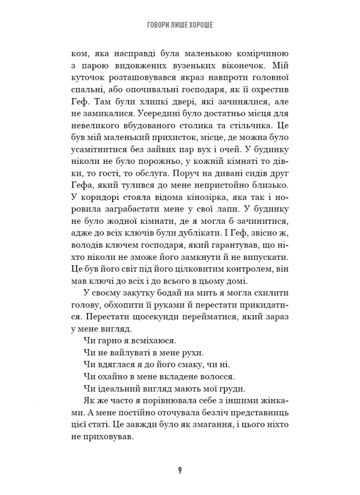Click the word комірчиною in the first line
[x=265, y=54]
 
